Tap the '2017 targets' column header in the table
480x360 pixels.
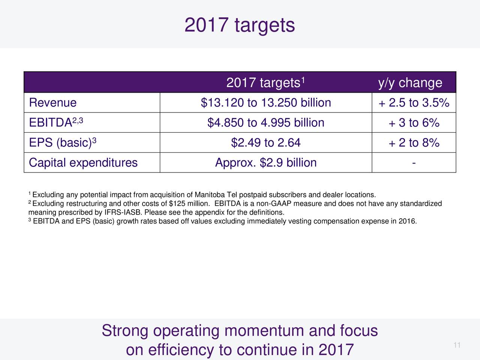tap(265, 83)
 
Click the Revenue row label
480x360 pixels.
tap(53, 102)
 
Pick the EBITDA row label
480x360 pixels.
tap(56, 122)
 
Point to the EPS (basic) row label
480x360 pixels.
tap(63, 143)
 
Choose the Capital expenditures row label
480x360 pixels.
tap(83, 163)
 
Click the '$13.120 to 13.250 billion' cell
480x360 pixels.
tap(266, 102)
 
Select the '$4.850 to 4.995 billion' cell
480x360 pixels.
tap(266, 122)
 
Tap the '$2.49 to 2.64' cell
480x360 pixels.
tap(266, 142)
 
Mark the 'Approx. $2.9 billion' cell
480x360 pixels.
tap(266, 163)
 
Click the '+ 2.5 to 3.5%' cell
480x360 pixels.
tap(414, 102)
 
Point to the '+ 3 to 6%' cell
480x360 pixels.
tap(414, 122)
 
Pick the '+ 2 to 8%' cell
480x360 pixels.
tap(414, 142)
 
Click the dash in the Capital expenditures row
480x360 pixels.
tap(414, 163)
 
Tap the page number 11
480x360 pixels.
tap(457, 345)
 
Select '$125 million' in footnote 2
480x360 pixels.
tap(189, 204)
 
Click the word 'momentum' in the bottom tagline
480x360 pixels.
tap(264, 331)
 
